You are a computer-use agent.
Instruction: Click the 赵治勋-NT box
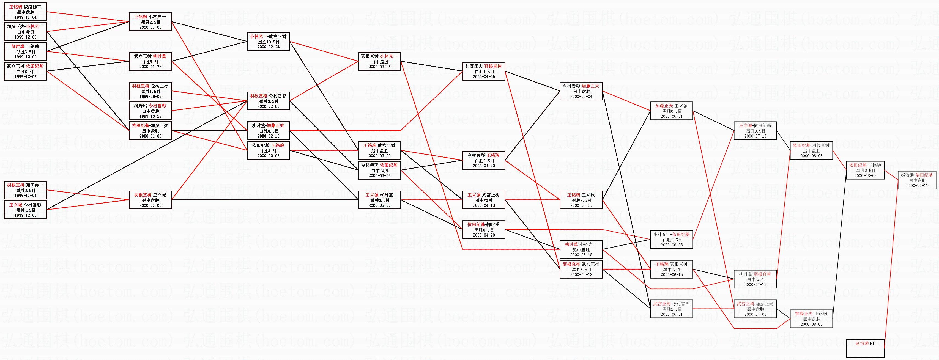click(865, 348)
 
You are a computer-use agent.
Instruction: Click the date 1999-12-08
click(25, 37)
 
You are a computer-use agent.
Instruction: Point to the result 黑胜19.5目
click(268, 42)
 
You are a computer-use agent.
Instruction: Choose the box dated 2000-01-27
click(150, 61)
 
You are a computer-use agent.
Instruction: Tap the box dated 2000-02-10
click(268, 130)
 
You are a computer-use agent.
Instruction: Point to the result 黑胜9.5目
click(581, 200)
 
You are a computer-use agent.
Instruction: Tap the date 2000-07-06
click(755, 314)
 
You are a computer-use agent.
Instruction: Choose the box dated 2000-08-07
click(865, 170)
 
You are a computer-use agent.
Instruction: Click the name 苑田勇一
click(34, 185)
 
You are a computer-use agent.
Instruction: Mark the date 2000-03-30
click(379, 205)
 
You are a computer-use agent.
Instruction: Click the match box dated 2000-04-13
click(484, 200)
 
